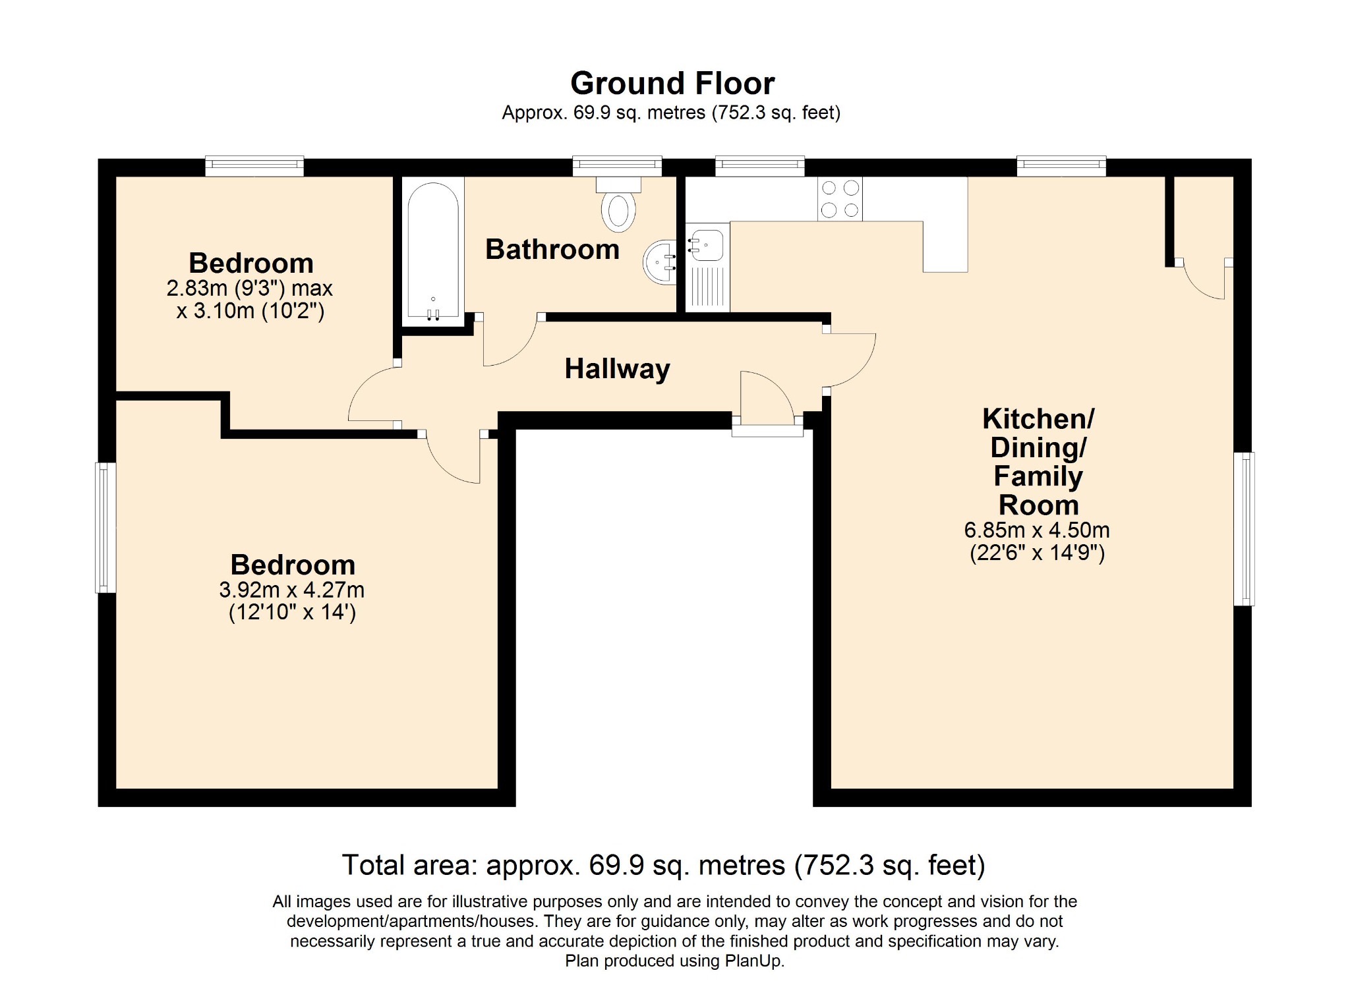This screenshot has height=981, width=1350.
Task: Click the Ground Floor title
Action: tap(672, 84)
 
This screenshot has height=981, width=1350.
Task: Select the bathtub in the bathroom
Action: tap(433, 251)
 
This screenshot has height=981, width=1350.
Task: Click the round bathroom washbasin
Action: tap(660, 262)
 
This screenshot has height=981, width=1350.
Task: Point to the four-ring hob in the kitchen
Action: tap(840, 199)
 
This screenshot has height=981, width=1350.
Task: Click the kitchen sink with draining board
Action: tap(707, 267)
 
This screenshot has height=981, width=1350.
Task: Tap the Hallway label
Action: tap(617, 369)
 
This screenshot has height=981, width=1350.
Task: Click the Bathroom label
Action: tap(552, 249)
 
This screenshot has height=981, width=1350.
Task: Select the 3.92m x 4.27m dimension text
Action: tap(292, 590)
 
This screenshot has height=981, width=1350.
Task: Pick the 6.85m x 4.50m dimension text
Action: tap(1037, 530)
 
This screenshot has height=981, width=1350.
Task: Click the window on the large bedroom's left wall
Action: tap(105, 527)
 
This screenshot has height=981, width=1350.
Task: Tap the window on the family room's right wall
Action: tap(1244, 528)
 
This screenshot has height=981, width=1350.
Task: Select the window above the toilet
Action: tap(617, 166)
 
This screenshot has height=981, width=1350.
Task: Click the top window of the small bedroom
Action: tap(254, 166)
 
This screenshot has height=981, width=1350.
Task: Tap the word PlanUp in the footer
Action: tap(754, 961)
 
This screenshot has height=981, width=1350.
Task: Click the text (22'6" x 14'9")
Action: tap(1037, 552)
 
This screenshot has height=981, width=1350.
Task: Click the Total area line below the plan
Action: tap(664, 865)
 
